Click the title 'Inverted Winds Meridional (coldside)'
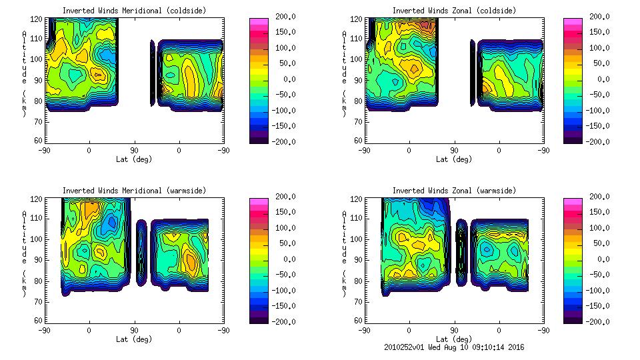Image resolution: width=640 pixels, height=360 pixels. click(134, 11)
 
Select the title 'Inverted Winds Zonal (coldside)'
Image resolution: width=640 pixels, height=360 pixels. click(454, 11)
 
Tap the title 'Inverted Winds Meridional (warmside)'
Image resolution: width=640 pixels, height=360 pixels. click(134, 191)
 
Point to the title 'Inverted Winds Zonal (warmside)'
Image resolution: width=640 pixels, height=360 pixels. click(454, 191)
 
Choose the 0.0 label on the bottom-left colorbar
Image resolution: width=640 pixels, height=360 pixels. click(287, 259)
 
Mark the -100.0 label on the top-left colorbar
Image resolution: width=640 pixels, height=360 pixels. click(283, 111)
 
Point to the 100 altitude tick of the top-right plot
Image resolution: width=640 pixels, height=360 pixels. click(359, 59)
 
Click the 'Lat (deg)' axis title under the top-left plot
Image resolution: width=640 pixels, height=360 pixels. click(134, 159)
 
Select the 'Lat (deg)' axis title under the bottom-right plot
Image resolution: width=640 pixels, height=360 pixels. click(454, 339)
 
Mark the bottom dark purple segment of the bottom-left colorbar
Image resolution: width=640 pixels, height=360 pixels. click(259, 318)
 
